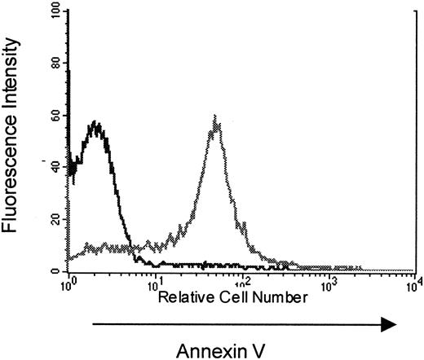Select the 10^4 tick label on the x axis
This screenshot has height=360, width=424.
pyautogui.click(x=413, y=283)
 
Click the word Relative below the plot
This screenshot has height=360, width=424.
pyautogui.click(x=183, y=297)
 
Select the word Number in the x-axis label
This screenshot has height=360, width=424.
pyautogui.click(x=278, y=297)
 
